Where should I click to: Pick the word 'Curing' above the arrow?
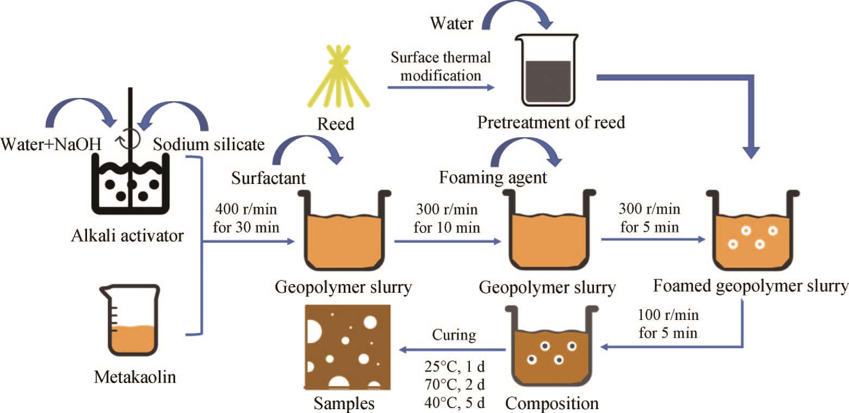(454, 335)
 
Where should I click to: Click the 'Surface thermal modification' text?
(439, 66)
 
